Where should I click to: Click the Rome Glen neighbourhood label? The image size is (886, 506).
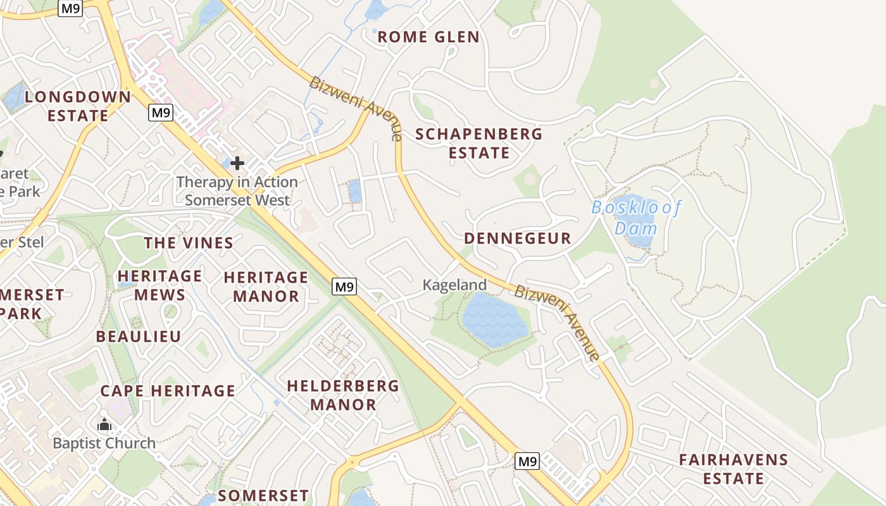pos(428,37)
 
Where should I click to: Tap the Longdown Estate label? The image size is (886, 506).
pos(78,106)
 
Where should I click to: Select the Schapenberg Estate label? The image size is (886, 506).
pos(479,144)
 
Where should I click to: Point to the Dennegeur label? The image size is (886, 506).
pos(518,238)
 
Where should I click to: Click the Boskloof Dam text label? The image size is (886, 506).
pos(636,218)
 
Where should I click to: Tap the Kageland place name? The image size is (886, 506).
pos(454,285)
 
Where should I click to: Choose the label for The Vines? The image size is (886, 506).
pos(189,243)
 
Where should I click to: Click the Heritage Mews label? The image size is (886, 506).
pos(159,286)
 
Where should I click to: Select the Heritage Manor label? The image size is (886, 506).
pos(266,287)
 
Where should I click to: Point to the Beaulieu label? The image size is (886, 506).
pos(139,336)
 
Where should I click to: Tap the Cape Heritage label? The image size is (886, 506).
pos(168,391)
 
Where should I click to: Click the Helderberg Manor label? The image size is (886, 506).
pos(343,395)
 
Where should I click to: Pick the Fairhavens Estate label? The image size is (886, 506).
pos(733,469)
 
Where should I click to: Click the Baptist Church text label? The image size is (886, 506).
pos(104,443)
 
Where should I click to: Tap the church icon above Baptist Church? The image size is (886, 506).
pos(104,424)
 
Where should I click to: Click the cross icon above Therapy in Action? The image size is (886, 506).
pos(237,164)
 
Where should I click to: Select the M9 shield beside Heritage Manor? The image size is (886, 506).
pos(344,287)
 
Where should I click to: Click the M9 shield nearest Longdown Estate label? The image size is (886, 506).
pos(161,113)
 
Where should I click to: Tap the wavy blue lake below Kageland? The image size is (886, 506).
pos(495,319)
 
